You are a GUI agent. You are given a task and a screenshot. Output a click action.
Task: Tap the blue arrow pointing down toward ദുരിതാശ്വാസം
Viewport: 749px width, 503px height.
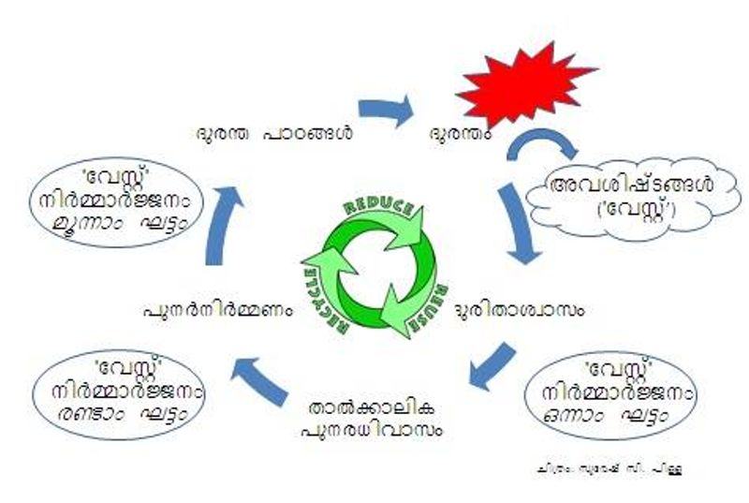pos(519,225)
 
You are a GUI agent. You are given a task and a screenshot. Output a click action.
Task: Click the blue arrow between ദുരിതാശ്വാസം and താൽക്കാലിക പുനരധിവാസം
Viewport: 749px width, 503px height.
pos(491,367)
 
